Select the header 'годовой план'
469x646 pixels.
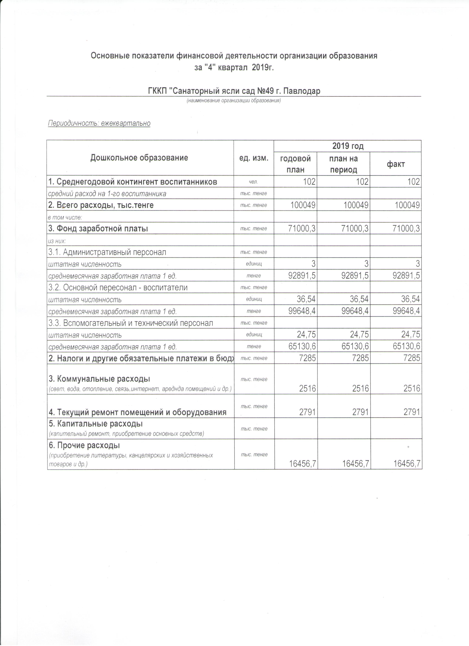click(x=295, y=164)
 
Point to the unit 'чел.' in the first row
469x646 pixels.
click(x=253, y=182)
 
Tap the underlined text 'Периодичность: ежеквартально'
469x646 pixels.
click(x=99, y=123)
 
